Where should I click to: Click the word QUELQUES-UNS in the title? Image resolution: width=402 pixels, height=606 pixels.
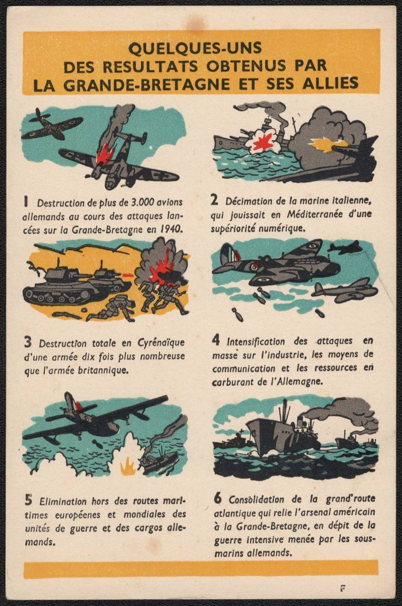pyautogui.click(x=195, y=48)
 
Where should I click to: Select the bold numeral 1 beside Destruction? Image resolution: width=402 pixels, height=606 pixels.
pyautogui.click(x=26, y=202)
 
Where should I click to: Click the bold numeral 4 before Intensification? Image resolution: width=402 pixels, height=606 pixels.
pyautogui.click(x=216, y=341)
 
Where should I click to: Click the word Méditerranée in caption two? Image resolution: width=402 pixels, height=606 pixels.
pyautogui.click(x=314, y=215)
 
